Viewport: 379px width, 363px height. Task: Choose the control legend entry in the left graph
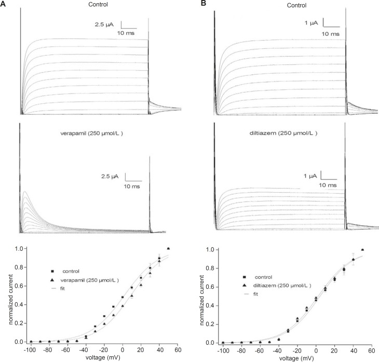tap(70, 271)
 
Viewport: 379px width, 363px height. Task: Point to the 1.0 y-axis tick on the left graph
tap(18, 249)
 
